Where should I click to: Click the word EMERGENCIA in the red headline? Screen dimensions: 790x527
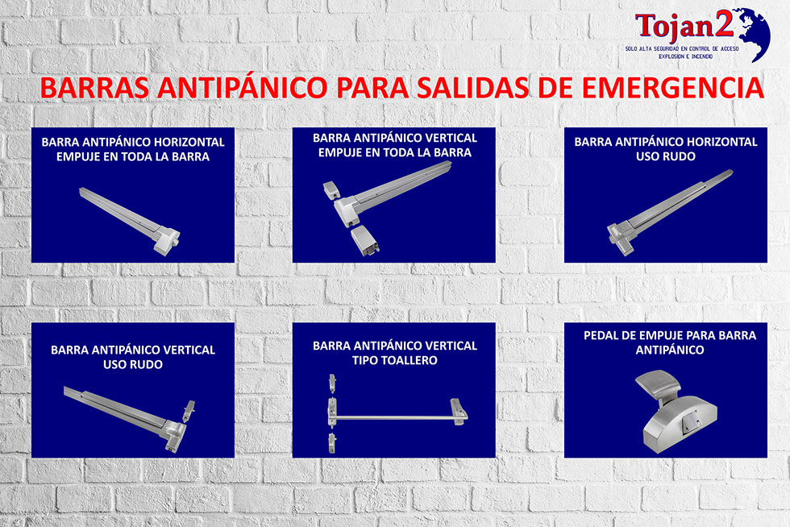(672, 88)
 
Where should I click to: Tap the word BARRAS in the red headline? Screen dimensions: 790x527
(94, 88)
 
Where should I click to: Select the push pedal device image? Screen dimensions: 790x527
(676, 411)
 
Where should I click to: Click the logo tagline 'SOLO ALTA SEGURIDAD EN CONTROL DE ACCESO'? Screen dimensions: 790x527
(682, 49)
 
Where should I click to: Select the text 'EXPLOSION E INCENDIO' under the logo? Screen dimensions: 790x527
(686, 56)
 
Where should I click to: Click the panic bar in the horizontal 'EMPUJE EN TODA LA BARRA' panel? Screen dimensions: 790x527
(130, 221)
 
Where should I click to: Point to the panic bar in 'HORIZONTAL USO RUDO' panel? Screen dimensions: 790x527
(670, 212)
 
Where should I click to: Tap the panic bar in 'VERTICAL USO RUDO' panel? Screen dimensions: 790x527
(129, 419)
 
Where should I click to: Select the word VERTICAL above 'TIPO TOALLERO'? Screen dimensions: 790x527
(445, 346)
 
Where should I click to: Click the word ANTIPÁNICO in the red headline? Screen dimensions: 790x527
(243, 88)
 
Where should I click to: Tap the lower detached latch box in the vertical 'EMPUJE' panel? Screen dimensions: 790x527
(364, 240)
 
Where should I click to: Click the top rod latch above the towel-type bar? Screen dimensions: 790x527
(332, 383)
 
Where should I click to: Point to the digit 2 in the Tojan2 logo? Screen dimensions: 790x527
(725, 24)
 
